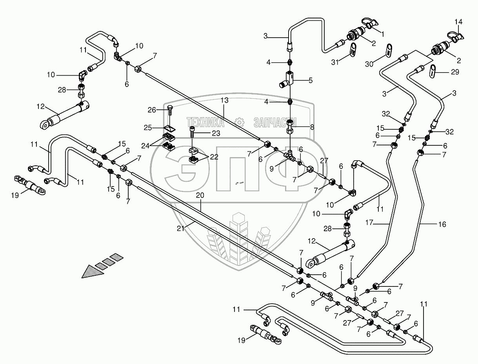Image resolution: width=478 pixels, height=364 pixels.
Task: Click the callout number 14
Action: pyautogui.click(x=458, y=21)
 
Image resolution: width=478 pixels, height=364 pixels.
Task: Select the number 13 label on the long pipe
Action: pyautogui.click(x=224, y=100)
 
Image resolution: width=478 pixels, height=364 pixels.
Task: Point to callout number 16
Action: pyautogui.click(x=442, y=225)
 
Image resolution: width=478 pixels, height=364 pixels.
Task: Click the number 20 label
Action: pyautogui.click(x=200, y=195)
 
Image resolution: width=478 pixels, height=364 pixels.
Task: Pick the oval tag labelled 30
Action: pyautogui.click(x=389, y=50)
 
